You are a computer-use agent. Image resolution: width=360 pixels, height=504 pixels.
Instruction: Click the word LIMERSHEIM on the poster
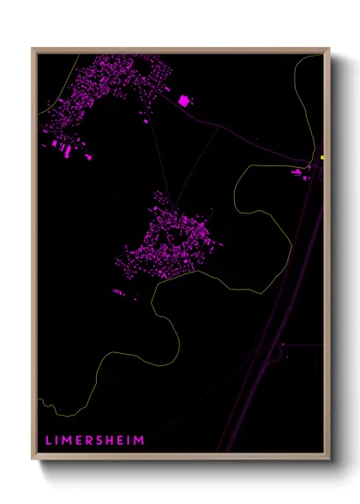(x=94, y=441)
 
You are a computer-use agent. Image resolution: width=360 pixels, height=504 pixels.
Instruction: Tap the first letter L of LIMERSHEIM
(x=48, y=441)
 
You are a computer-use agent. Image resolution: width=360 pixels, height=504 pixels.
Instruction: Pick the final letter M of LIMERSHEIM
(x=141, y=441)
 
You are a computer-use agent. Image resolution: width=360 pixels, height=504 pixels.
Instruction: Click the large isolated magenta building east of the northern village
(x=183, y=100)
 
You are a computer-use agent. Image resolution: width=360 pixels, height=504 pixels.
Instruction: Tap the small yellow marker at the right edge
(x=321, y=158)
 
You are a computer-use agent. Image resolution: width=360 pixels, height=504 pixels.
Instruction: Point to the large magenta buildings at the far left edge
(x=62, y=147)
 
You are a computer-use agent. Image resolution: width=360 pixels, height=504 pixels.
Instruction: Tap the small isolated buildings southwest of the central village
(x=121, y=292)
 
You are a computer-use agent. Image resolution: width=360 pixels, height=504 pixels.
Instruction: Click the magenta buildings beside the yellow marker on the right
(x=298, y=172)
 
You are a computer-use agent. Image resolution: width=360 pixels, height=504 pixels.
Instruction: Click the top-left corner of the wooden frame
(x=33, y=49)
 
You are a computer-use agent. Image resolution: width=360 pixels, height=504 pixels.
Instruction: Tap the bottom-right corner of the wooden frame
(x=329, y=460)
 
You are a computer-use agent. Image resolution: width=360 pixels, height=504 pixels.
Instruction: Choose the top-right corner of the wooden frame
(x=329, y=49)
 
